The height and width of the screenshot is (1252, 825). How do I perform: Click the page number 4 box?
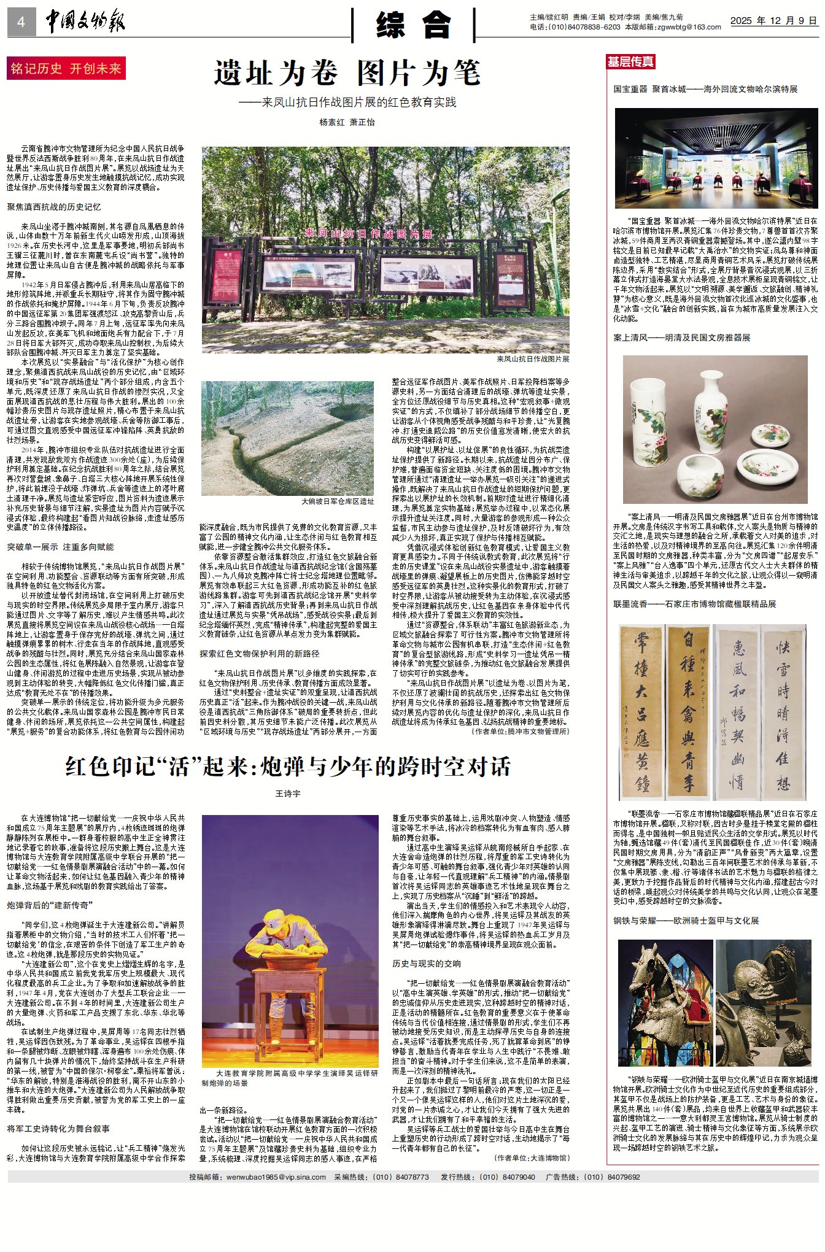pos(21,23)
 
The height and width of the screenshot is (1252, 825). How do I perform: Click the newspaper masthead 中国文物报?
pos(86,22)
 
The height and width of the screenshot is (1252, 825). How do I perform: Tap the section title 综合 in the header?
pos(413,25)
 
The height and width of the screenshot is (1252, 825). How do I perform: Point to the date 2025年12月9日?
pos(773,21)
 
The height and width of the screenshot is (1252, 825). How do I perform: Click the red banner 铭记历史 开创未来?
pos(66,69)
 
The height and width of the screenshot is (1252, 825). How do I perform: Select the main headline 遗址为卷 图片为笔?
pos(347,74)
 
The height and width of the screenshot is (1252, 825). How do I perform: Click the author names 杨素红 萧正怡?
pos(347,122)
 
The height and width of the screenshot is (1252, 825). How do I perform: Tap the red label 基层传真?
pos(630,61)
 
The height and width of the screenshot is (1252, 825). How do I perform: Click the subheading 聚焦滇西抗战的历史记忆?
pos(54,207)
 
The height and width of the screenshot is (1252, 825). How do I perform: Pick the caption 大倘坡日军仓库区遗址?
pos(338,501)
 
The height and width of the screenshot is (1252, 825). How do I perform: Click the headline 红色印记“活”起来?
pos(288,767)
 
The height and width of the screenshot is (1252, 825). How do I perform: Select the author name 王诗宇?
pos(288,794)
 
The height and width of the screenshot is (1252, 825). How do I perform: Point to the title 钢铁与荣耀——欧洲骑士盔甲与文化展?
pos(686,921)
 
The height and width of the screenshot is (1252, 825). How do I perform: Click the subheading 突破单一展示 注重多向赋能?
pos(60,547)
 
